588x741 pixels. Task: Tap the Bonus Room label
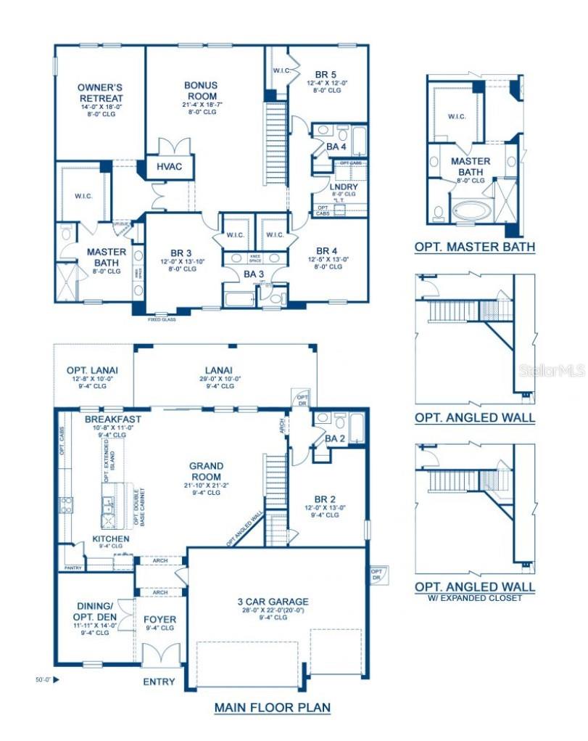201,90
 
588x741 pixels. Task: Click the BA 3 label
254,274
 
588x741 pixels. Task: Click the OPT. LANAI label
92,369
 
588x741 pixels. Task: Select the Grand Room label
207,471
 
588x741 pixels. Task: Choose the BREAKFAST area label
112,419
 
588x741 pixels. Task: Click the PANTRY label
73,568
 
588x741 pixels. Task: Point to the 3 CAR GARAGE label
273,601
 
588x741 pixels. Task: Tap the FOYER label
160,619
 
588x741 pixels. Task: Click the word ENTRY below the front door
159,681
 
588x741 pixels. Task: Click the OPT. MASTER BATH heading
475,247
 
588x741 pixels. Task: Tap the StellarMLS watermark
552,371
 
